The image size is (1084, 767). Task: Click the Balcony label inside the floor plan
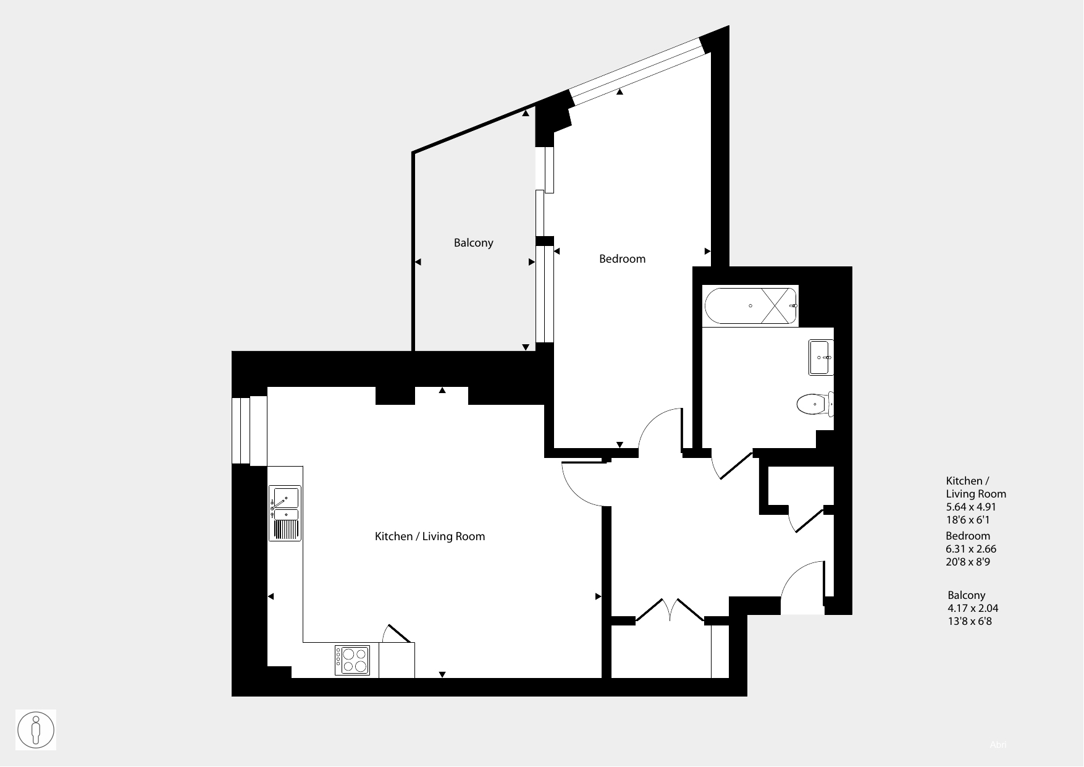click(x=474, y=243)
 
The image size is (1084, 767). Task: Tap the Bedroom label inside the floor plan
click(x=623, y=259)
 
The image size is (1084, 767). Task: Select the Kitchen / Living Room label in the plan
click(x=430, y=536)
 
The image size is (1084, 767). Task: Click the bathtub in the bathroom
click(x=750, y=306)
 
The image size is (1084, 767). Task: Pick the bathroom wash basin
click(x=821, y=357)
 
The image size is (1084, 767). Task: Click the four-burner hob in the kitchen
click(x=353, y=660)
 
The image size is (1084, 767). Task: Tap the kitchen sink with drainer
click(x=285, y=514)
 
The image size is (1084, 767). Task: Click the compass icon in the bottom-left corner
click(x=36, y=730)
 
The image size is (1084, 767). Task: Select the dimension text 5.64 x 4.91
click(x=971, y=507)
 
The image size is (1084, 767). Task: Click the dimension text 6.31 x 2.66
click(x=971, y=549)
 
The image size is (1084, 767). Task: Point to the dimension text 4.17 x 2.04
click(x=973, y=608)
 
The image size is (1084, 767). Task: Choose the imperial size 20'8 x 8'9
click(x=968, y=562)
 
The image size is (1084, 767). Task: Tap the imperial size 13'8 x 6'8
click(x=970, y=621)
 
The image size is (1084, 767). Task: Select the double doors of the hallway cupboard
click(x=670, y=609)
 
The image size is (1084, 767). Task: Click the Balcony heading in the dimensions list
click(x=967, y=595)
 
